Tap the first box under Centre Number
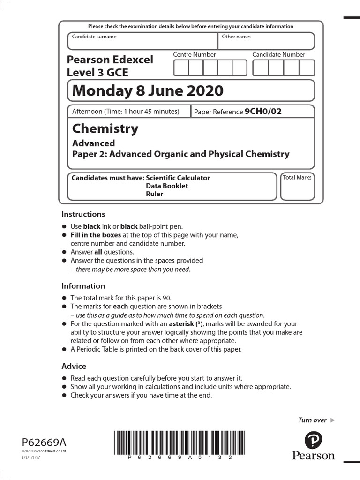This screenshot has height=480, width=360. [181, 68]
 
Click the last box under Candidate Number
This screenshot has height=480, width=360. [307, 68]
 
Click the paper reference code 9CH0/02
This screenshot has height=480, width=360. [263, 112]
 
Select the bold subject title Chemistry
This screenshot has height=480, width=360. [105, 128]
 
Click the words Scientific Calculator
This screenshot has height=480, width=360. [178, 178]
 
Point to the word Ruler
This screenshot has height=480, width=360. [154, 194]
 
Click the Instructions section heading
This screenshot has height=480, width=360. [83, 214]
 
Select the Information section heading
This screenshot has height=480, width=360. [83, 286]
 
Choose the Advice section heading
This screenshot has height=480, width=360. [74, 366]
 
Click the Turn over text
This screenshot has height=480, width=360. [313, 420]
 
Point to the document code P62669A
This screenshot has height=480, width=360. [44, 442]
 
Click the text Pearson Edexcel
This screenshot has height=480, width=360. [110, 60]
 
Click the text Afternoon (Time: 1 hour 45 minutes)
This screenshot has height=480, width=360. [125, 112]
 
